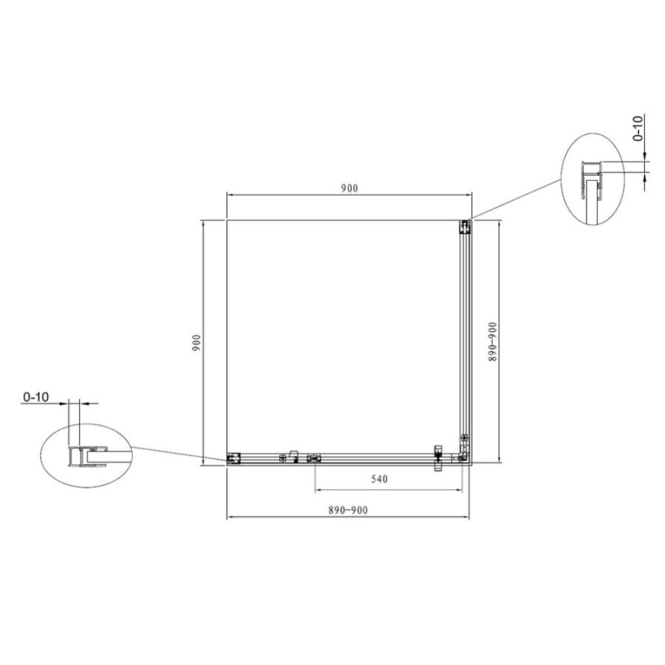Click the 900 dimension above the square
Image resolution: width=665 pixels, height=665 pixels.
349,188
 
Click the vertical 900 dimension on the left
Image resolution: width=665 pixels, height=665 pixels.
197,343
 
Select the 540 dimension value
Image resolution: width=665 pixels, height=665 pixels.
379,479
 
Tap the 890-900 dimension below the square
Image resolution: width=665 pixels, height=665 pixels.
348,510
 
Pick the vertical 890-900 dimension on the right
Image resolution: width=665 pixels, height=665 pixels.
492,342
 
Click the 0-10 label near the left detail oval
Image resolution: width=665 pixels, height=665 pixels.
36,397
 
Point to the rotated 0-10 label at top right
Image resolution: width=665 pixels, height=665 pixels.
638,128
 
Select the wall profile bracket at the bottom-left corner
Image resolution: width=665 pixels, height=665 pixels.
233,458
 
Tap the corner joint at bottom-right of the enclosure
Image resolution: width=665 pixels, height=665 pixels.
463,456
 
